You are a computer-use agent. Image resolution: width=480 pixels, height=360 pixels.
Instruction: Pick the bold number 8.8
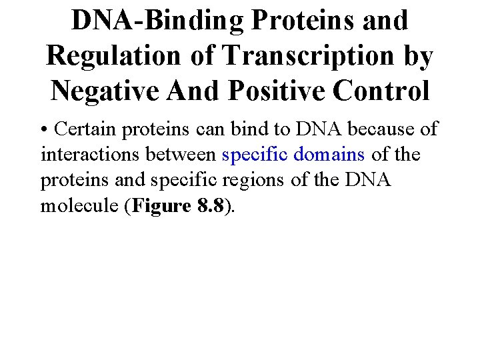[x=213, y=206]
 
